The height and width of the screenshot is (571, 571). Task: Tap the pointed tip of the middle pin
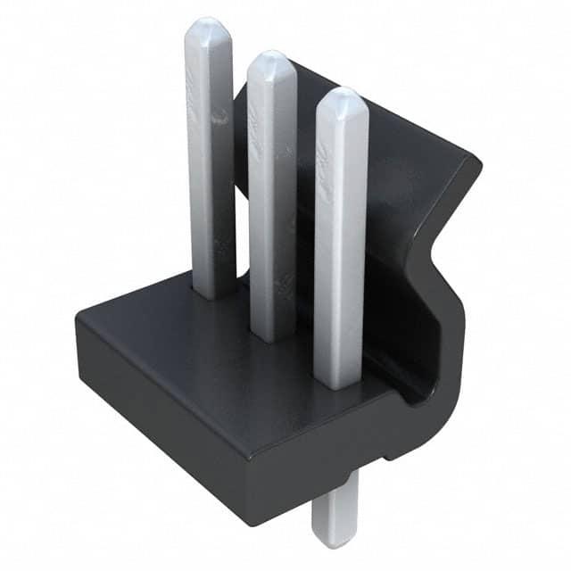tap(271, 55)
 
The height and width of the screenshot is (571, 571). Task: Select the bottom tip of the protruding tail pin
tap(334, 542)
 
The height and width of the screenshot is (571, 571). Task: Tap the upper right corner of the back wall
tap(477, 165)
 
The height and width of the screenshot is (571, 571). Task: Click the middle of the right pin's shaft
tap(341, 241)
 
